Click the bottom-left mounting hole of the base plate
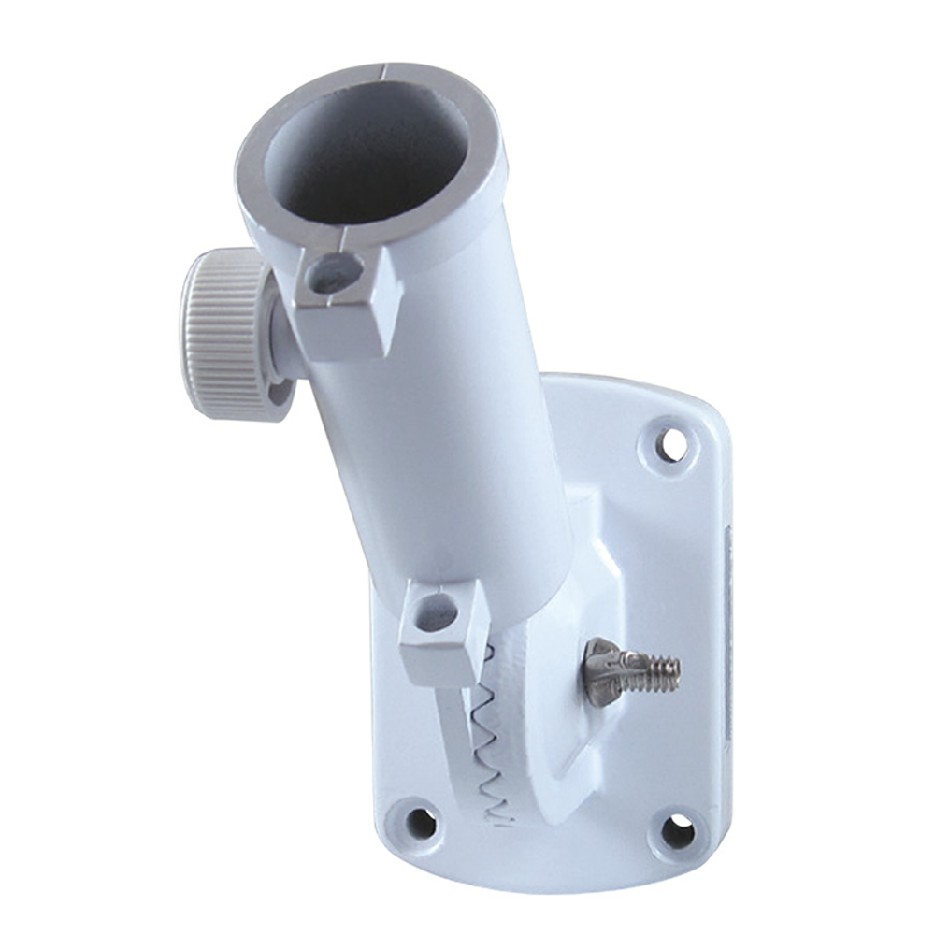(x=420, y=823)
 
